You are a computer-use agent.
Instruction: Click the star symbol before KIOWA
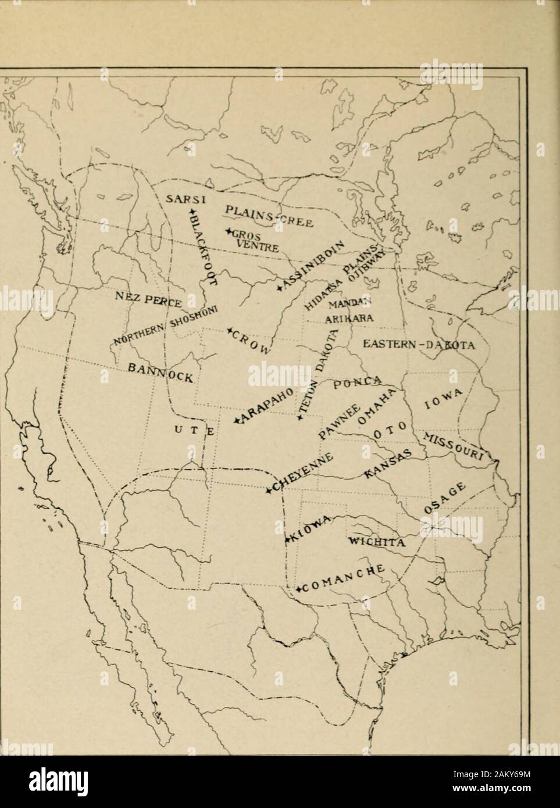click(287, 540)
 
